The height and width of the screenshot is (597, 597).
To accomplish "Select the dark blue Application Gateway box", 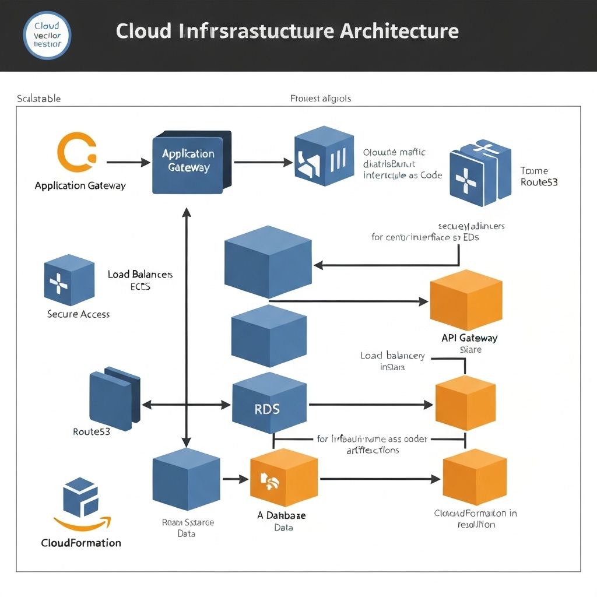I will (x=189, y=162).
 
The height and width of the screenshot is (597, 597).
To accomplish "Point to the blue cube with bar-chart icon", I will (x=324, y=156).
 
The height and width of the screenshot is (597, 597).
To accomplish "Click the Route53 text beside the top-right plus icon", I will (x=538, y=182).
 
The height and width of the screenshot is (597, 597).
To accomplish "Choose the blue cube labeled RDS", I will (x=268, y=406).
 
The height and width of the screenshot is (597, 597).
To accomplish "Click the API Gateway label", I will (x=469, y=338).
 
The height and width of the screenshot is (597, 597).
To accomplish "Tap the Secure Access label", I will (x=78, y=314).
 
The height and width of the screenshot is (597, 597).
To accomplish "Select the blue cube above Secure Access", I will (x=69, y=280).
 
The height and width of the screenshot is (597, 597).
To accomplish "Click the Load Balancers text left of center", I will (x=140, y=274).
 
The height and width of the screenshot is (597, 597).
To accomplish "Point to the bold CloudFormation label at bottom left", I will (x=81, y=543).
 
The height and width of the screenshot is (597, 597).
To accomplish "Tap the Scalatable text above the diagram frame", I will (x=38, y=99).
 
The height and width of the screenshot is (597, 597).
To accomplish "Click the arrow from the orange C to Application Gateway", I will (x=128, y=163).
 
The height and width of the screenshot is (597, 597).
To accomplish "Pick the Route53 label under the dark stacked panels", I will (x=91, y=432).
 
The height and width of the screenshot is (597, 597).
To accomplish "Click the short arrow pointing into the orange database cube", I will (x=236, y=479).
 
